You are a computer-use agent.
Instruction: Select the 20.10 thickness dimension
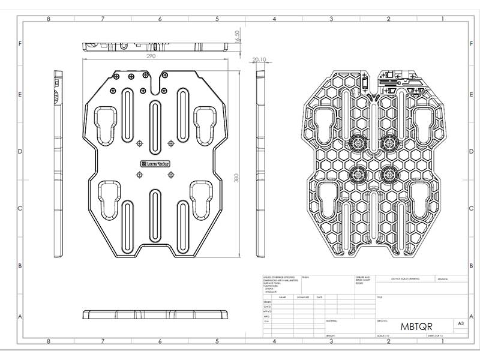pos(259,60)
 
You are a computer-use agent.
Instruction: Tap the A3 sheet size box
pos(461,323)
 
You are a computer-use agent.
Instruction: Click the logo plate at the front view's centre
pos(155,163)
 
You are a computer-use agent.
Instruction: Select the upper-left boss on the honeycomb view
pos(359,143)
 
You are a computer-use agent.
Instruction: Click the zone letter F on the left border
pos(20,44)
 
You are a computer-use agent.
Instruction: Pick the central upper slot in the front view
pos(155,120)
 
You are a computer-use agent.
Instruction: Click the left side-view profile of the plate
pos(58,162)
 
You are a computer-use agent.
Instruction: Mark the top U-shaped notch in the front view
pos(158,83)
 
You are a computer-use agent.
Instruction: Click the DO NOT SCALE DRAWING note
pos(403,279)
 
